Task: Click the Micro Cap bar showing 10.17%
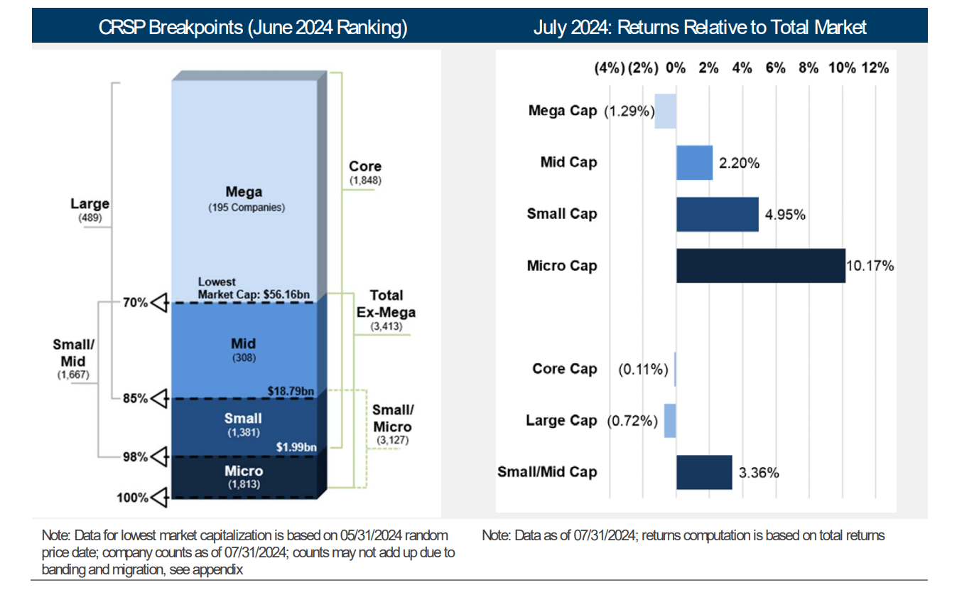[x=760, y=266]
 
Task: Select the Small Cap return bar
[x=717, y=214]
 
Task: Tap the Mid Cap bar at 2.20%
[x=694, y=163]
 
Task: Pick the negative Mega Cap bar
[x=665, y=112]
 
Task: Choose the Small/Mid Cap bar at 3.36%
[x=703, y=472]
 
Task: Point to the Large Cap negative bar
[x=670, y=421]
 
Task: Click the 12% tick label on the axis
[x=875, y=68]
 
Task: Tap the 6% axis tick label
[x=775, y=68]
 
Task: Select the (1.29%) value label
[x=629, y=112]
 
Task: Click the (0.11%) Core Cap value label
[x=643, y=369]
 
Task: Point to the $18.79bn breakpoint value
[x=292, y=391]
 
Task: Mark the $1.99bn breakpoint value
[x=296, y=447]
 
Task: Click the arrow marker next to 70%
[x=160, y=303]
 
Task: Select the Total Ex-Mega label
[x=386, y=304]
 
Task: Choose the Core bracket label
[x=365, y=166]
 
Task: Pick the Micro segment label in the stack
[x=244, y=471]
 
